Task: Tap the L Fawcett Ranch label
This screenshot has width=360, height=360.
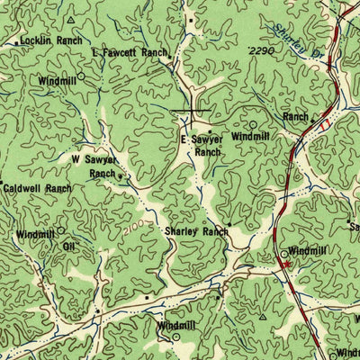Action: tap(130, 54)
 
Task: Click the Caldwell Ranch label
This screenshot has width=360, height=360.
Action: tap(37, 189)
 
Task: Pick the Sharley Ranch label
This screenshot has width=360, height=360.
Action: tap(196, 231)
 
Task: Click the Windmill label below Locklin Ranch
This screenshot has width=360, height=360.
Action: tap(57, 80)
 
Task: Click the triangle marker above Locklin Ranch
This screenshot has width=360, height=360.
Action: tap(70, 18)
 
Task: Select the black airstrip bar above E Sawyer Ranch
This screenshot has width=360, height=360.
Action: tap(191, 111)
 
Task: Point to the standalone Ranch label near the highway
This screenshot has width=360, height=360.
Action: tap(295, 117)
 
